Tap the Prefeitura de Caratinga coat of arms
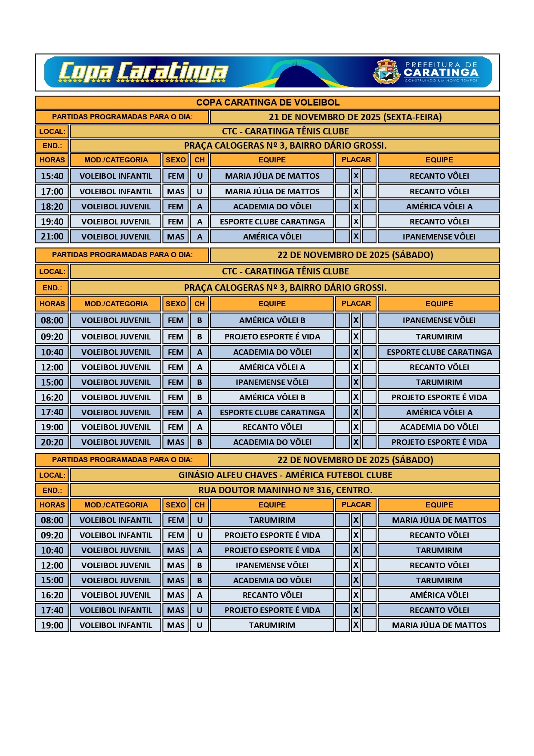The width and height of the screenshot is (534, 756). pyautogui.click(x=386, y=72)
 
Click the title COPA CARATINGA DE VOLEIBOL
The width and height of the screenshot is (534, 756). pyautogui.click(x=268, y=103)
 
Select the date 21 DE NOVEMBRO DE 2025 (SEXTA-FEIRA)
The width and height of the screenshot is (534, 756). pyautogui.click(x=355, y=117)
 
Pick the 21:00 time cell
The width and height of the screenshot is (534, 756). pyautogui.click(x=52, y=236)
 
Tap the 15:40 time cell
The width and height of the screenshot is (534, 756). pyautogui.click(x=52, y=176)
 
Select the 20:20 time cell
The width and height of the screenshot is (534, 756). pyautogui.click(x=52, y=442)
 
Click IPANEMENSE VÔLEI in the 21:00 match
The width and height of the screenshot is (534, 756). pyautogui.click(x=439, y=236)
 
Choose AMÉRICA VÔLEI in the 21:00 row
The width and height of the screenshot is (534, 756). pyautogui.click(x=272, y=236)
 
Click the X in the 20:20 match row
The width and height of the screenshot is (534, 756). pyautogui.click(x=356, y=442)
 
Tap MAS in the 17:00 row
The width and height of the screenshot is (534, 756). pyautogui.click(x=176, y=191)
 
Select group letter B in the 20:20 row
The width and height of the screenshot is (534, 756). pyautogui.click(x=200, y=442)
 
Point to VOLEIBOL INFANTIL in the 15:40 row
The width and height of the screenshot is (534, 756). pyautogui.click(x=116, y=176)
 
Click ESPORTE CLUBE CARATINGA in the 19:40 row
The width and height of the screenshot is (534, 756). pyautogui.click(x=272, y=221)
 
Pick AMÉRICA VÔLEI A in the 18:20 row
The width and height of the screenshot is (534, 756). pyautogui.click(x=439, y=206)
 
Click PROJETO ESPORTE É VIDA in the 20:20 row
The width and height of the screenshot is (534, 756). pyautogui.click(x=439, y=442)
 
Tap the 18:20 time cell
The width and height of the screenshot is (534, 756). pyautogui.click(x=52, y=206)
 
